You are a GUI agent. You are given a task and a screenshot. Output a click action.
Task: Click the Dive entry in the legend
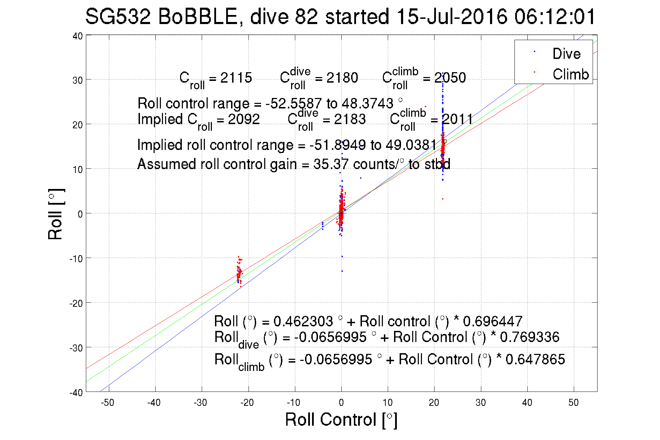(x=566, y=54)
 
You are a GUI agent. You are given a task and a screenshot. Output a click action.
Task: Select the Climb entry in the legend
(x=570, y=74)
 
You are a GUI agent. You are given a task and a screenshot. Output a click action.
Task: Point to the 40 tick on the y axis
(x=78, y=36)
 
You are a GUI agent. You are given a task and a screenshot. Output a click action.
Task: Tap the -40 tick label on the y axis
(x=76, y=393)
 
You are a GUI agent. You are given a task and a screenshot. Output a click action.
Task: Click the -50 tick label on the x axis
(x=107, y=403)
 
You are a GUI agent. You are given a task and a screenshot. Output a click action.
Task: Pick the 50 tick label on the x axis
(x=573, y=403)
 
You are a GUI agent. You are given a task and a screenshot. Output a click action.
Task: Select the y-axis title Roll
(x=55, y=214)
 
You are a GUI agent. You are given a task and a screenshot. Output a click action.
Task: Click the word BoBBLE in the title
(x=198, y=17)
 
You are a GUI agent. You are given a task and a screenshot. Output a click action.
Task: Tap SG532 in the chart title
(x=118, y=17)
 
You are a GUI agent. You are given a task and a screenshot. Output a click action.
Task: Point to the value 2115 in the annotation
(x=236, y=78)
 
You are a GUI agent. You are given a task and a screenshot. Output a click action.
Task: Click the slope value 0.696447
(x=492, y=321)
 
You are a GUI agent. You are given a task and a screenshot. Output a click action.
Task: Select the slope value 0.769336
(x=529, y=337)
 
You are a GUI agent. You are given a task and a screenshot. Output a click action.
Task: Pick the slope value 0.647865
(x=535, y=359)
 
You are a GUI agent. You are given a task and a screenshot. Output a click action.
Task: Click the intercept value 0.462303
(x=303, y=321)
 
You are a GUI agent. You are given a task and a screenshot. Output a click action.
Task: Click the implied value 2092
(x=244, y=119)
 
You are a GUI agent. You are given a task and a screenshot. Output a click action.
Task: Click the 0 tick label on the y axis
(x=80, y=214)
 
